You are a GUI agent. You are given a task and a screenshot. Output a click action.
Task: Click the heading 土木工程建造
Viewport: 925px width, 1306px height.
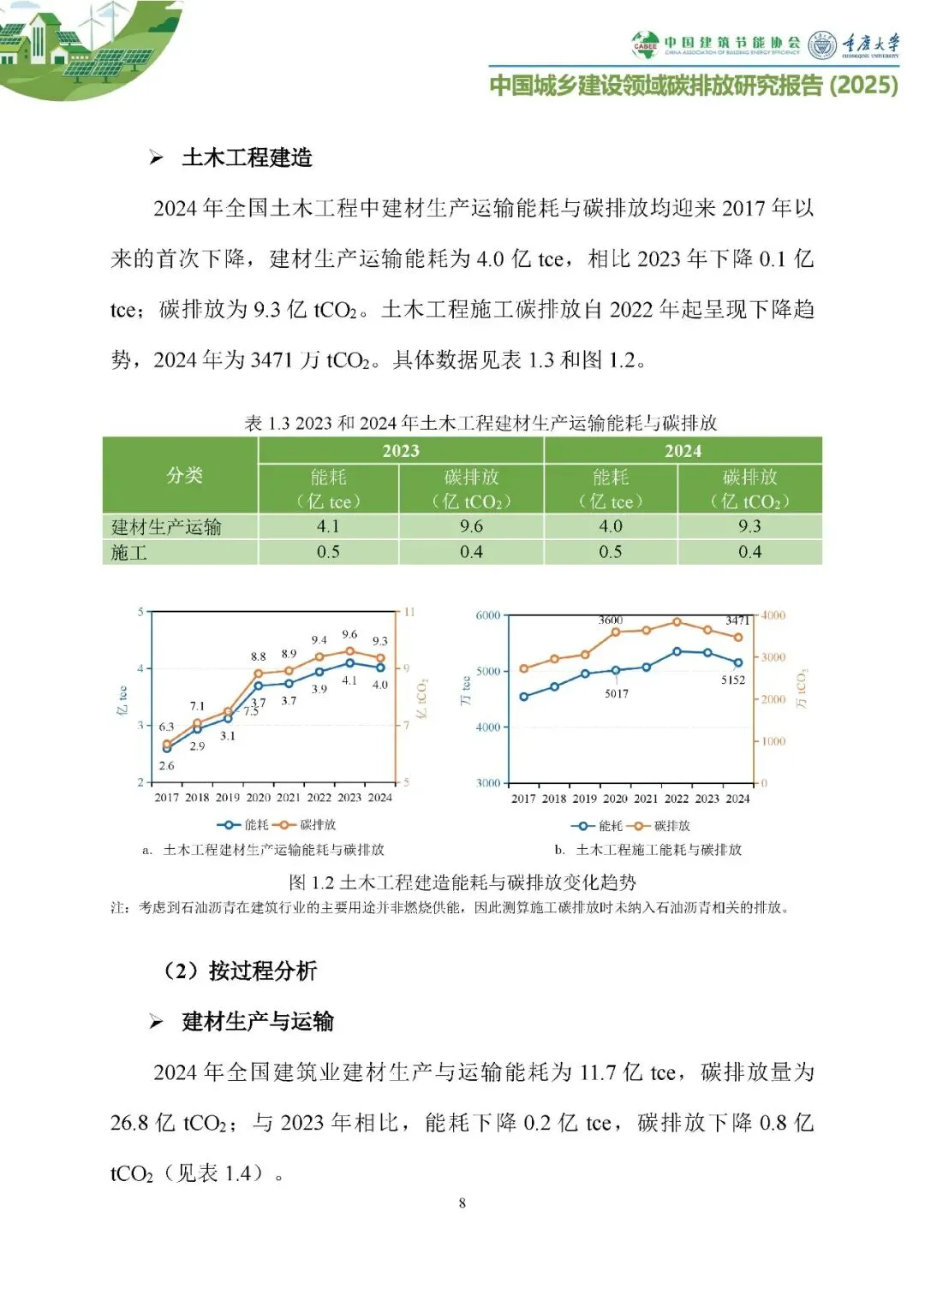point(247,157)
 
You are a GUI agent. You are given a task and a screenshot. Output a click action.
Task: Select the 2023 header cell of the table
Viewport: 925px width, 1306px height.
point(400,451)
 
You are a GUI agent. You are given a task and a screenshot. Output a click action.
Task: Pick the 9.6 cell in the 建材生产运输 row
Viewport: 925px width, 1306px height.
point(471,526)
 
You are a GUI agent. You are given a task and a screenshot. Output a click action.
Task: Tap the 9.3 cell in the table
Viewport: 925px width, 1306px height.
point(749,526)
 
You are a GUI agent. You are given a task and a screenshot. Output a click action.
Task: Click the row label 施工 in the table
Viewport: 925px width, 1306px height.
point(129,553)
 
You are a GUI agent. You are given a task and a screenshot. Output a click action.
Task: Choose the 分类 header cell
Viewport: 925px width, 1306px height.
point(184,476)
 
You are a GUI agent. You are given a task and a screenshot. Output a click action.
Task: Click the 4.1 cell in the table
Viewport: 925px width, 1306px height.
point(328,526)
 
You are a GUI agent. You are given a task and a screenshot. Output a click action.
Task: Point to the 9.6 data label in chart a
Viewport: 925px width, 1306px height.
point(349,635)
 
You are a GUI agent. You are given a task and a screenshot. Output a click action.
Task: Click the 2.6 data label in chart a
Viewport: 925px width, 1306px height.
point(166,766)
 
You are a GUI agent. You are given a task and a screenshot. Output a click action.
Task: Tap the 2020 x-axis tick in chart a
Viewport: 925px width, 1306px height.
point(258,798)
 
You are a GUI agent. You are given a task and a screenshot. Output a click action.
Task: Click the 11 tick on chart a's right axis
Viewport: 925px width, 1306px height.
point(409,612)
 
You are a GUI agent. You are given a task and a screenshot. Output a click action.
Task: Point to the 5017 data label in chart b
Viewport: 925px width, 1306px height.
point(617,694)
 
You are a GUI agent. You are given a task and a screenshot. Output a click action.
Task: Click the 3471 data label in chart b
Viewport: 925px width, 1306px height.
point(737,620)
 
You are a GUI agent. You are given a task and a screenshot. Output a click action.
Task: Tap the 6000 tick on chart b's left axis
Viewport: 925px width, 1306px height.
point(488,615)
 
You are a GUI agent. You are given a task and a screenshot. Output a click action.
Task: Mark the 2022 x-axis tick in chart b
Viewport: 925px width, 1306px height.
point(677,798)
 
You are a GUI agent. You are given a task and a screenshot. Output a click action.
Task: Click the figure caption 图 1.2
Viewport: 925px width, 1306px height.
point(462,882)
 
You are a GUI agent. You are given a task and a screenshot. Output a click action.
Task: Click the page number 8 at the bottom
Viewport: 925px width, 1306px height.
point(462,1203)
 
